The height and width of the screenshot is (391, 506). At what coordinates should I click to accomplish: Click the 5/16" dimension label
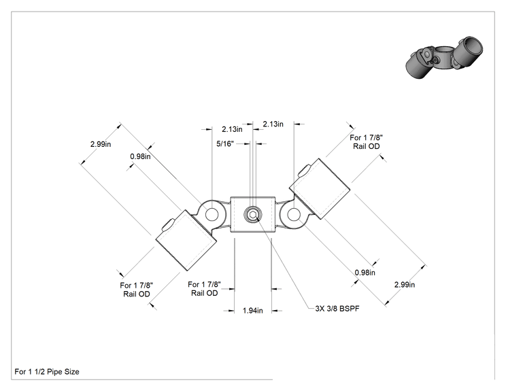224,143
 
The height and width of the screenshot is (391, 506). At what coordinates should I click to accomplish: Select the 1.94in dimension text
253,310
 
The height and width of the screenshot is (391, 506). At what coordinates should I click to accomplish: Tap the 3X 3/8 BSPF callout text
337,309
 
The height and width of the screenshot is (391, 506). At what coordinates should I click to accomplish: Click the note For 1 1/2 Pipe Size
47,372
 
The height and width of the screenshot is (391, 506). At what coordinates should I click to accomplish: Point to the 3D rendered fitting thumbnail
444,57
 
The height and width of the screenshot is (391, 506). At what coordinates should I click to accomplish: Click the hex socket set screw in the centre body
253,214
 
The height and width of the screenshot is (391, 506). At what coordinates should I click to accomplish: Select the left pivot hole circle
212,214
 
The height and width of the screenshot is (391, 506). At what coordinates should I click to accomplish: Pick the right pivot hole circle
294,214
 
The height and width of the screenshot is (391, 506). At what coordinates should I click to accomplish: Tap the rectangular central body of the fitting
253,214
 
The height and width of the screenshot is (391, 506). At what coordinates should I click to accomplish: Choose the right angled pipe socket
320,189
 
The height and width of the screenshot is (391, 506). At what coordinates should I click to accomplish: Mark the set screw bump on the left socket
168,224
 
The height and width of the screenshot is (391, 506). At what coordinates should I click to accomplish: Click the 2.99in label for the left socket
101,144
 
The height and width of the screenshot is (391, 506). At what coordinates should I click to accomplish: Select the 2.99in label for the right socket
405,284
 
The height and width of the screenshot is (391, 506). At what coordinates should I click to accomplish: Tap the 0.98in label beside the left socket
140,156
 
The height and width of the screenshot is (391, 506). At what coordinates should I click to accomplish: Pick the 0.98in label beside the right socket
365,273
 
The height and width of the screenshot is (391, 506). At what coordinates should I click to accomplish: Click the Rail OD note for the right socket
367,142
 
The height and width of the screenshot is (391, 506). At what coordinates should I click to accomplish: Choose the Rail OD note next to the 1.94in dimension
204,289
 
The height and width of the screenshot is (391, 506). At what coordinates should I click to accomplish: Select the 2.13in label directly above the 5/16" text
232,129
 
